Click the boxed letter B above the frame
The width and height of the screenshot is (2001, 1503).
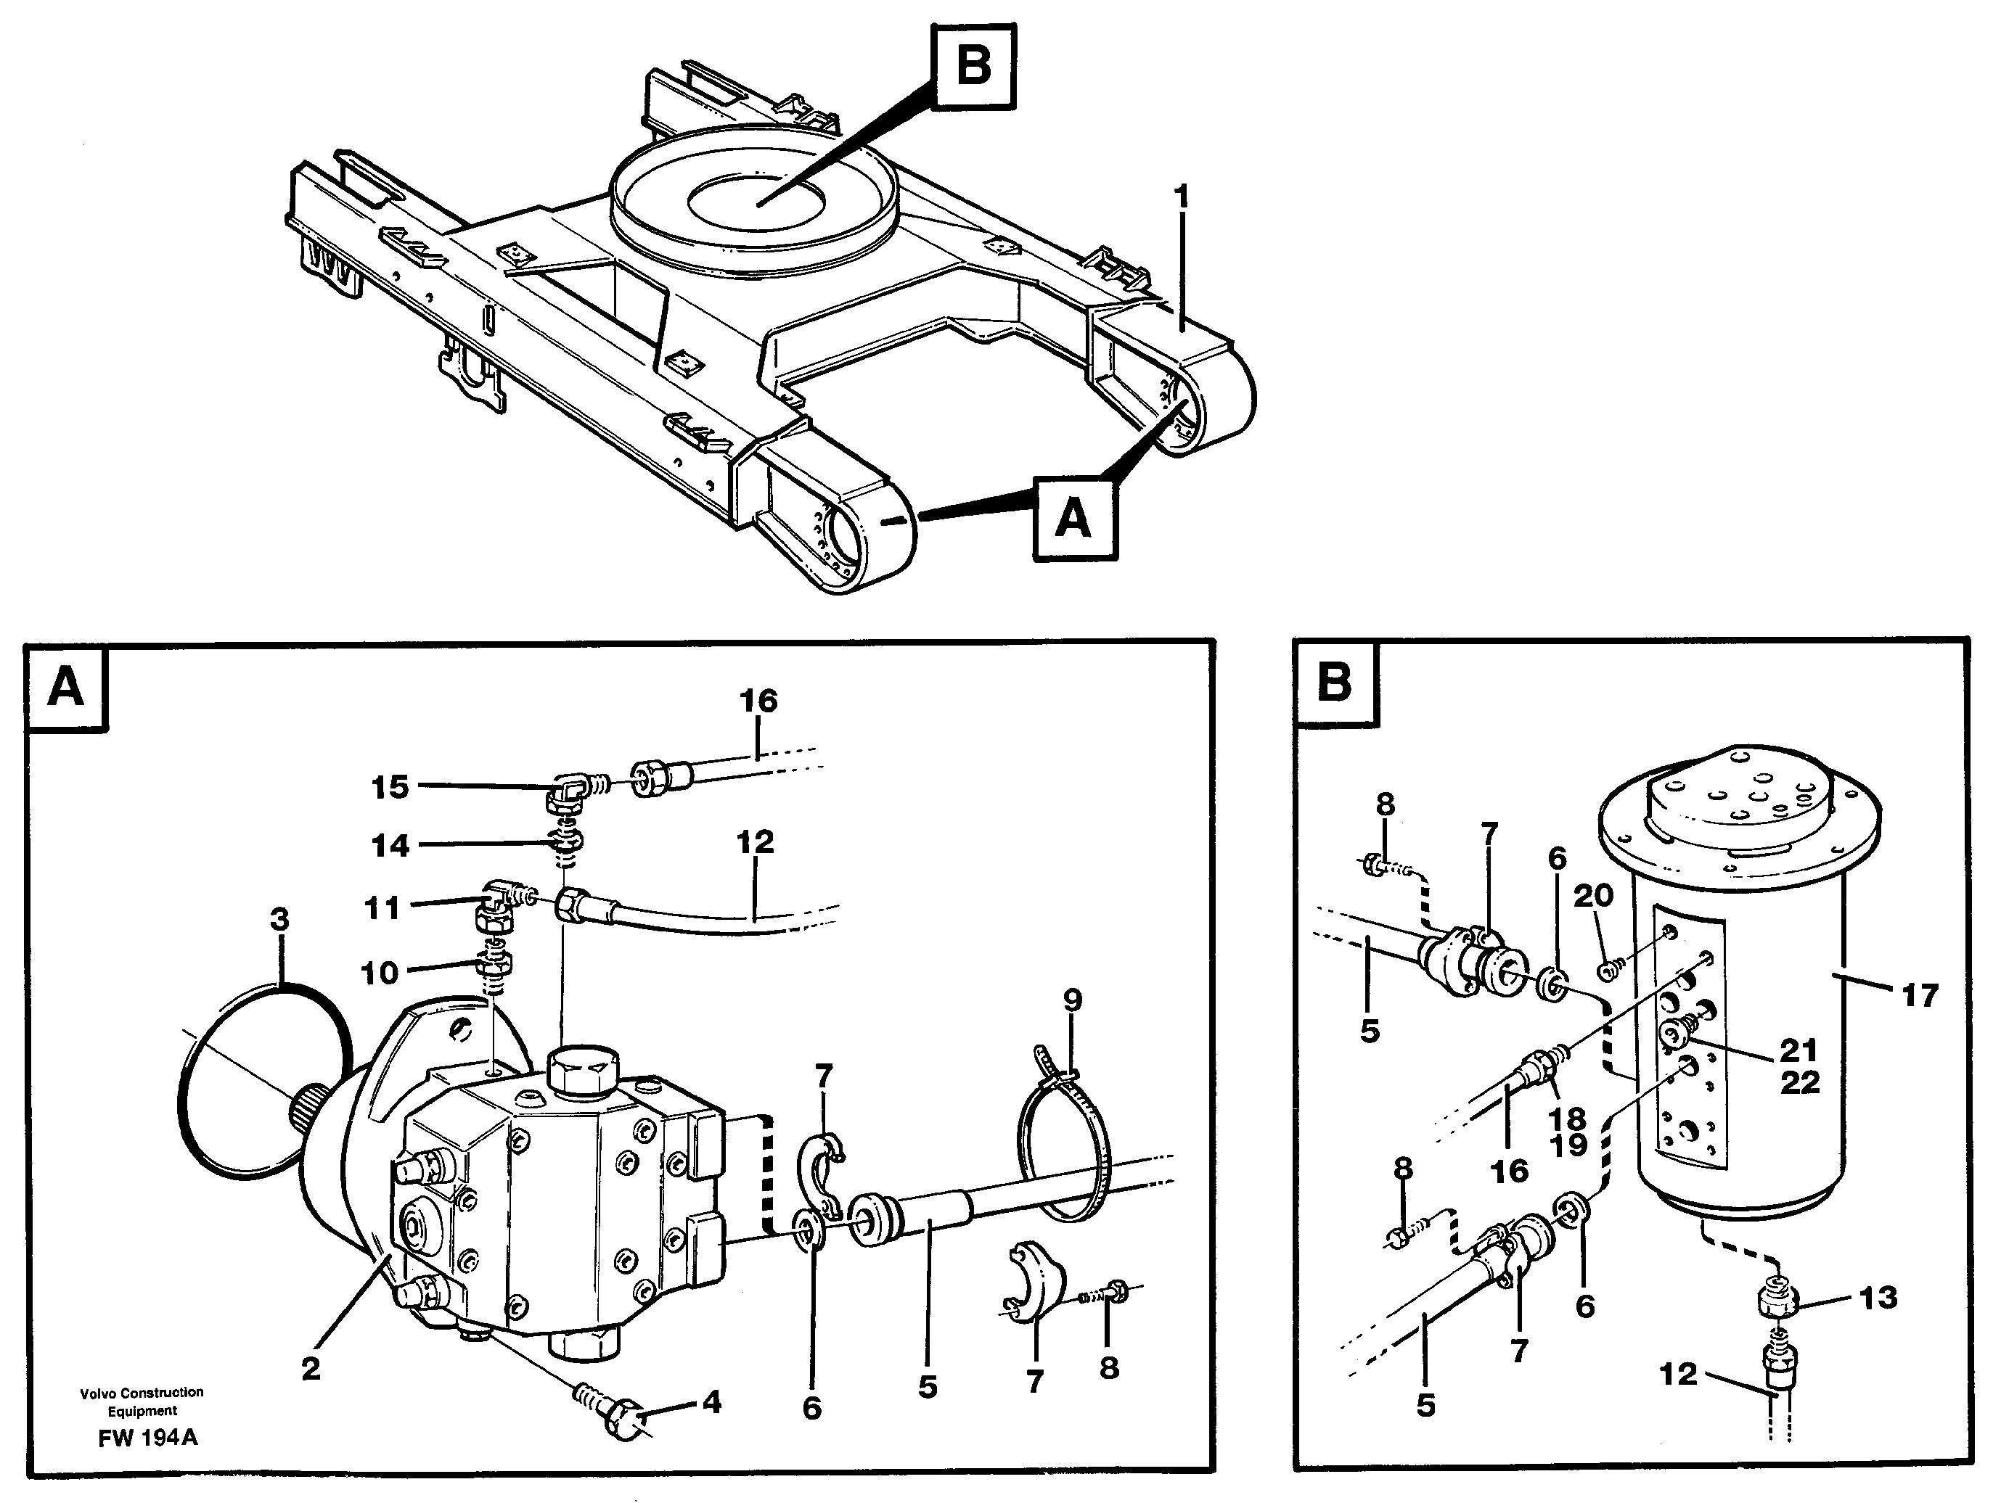pyautogui.click(x=973, y=66)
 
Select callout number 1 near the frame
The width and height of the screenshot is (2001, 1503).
pyautogui.click(x=1181, y=197)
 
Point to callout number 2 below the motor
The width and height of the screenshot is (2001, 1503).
pyautogui.click(x=311, y=1368)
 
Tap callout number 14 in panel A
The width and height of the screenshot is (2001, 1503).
pyautogui.click(x=390, y=846)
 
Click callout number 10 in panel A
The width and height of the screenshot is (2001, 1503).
pyautogui.click(x=380, y=973)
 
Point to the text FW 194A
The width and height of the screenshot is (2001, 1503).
pyautogui.click(x=147, y=1438)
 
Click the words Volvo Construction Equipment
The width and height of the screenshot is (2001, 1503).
pyautogui.click(x=142, y=1401)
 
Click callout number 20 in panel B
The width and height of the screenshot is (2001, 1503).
pyautogui.click(x=1593, y=895)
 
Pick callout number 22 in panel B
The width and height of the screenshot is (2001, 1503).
pyautogui.click(x=1799, y=1082)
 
